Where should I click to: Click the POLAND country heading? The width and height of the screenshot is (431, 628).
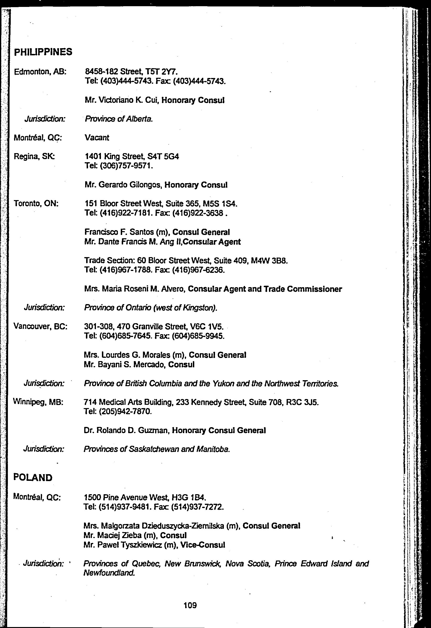(x=33, y=477)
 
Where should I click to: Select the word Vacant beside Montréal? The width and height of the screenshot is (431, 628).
(x=97, y=138)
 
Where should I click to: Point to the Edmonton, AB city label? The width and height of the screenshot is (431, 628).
(x=40, y=72)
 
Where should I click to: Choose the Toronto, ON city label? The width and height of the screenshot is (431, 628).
(x=36, y=203)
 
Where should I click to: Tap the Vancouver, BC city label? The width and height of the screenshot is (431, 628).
(x=40, y=327)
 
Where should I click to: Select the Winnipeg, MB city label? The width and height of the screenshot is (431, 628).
(x=38, y=402)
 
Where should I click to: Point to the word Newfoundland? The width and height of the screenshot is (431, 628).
(x=109, y=573)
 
